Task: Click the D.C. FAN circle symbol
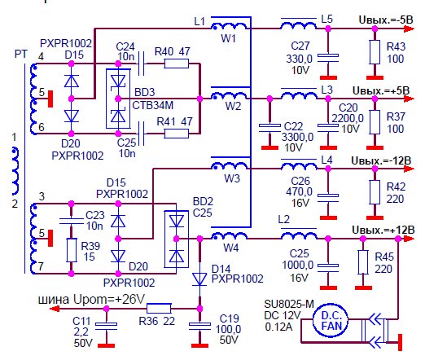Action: (x=331, y=321)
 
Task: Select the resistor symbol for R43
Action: (x=375, y=52)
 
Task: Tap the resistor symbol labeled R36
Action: (x=159, y=309)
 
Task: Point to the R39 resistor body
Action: (x=72, y=250)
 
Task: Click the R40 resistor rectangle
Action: (x=177, y=64)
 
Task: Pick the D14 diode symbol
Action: (x=199, y=279)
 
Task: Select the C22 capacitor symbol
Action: (x=269, y=128)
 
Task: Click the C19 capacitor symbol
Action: (x=199, y=326)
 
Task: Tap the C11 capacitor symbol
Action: (x=107, y=326)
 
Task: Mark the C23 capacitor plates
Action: (x=72, y=221)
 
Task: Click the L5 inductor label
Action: (x=326, y=20)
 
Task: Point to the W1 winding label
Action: (x=228, y=39)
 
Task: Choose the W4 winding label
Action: (x=231, y=248)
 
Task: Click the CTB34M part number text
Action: (x=153, y=105)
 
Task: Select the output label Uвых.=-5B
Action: (x=386, y=20)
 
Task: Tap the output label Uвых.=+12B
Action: (x=383, y=230)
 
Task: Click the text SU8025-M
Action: (x=289, y=304)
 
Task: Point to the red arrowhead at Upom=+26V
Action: (x=55, y=309)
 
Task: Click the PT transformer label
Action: (x=21, y=54)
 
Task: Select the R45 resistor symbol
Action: (x=363, y=262)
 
